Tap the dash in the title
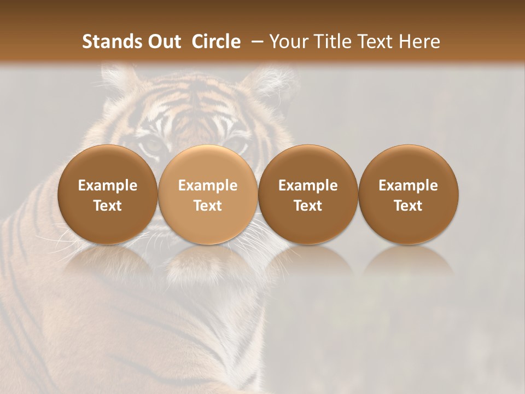pyautogui.click(x=255, y=42)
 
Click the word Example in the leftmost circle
pyautogui.click(x=108, y=186)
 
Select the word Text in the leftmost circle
pyautogui.click(x=108, y=206)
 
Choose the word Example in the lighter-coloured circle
pyautogui.click(x=208, y=186)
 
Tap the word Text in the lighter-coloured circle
pyautogui.click(x=208, y=206)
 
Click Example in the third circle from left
pyautogui.click(x=308, y=186)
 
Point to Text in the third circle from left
pyautogui.click(x=308, y=206)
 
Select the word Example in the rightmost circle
pyautogui.click(x=409, y=186)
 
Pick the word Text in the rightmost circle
pyautogui.click(x=409, y=206)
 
